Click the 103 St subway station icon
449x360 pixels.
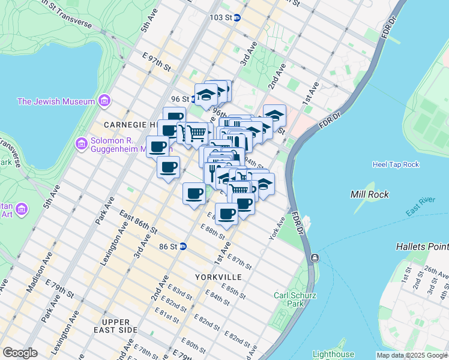click(x=237, y=18)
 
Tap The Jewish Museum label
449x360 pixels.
click(x=56, y=101)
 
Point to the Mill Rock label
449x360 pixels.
click(x=370, y=194)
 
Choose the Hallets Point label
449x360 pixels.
click(x=422, y=247)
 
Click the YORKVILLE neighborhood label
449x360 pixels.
click(x=218, y=277)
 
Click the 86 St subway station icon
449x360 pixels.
click(x=183, y=247)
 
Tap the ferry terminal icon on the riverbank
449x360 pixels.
click(x=315, y=258)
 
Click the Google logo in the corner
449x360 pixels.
click(x=20, y=353)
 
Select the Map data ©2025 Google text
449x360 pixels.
click(x=412, y=355)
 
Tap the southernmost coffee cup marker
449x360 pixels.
click(x=227, y=214)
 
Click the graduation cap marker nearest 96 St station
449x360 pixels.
click(x=206, y=95)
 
